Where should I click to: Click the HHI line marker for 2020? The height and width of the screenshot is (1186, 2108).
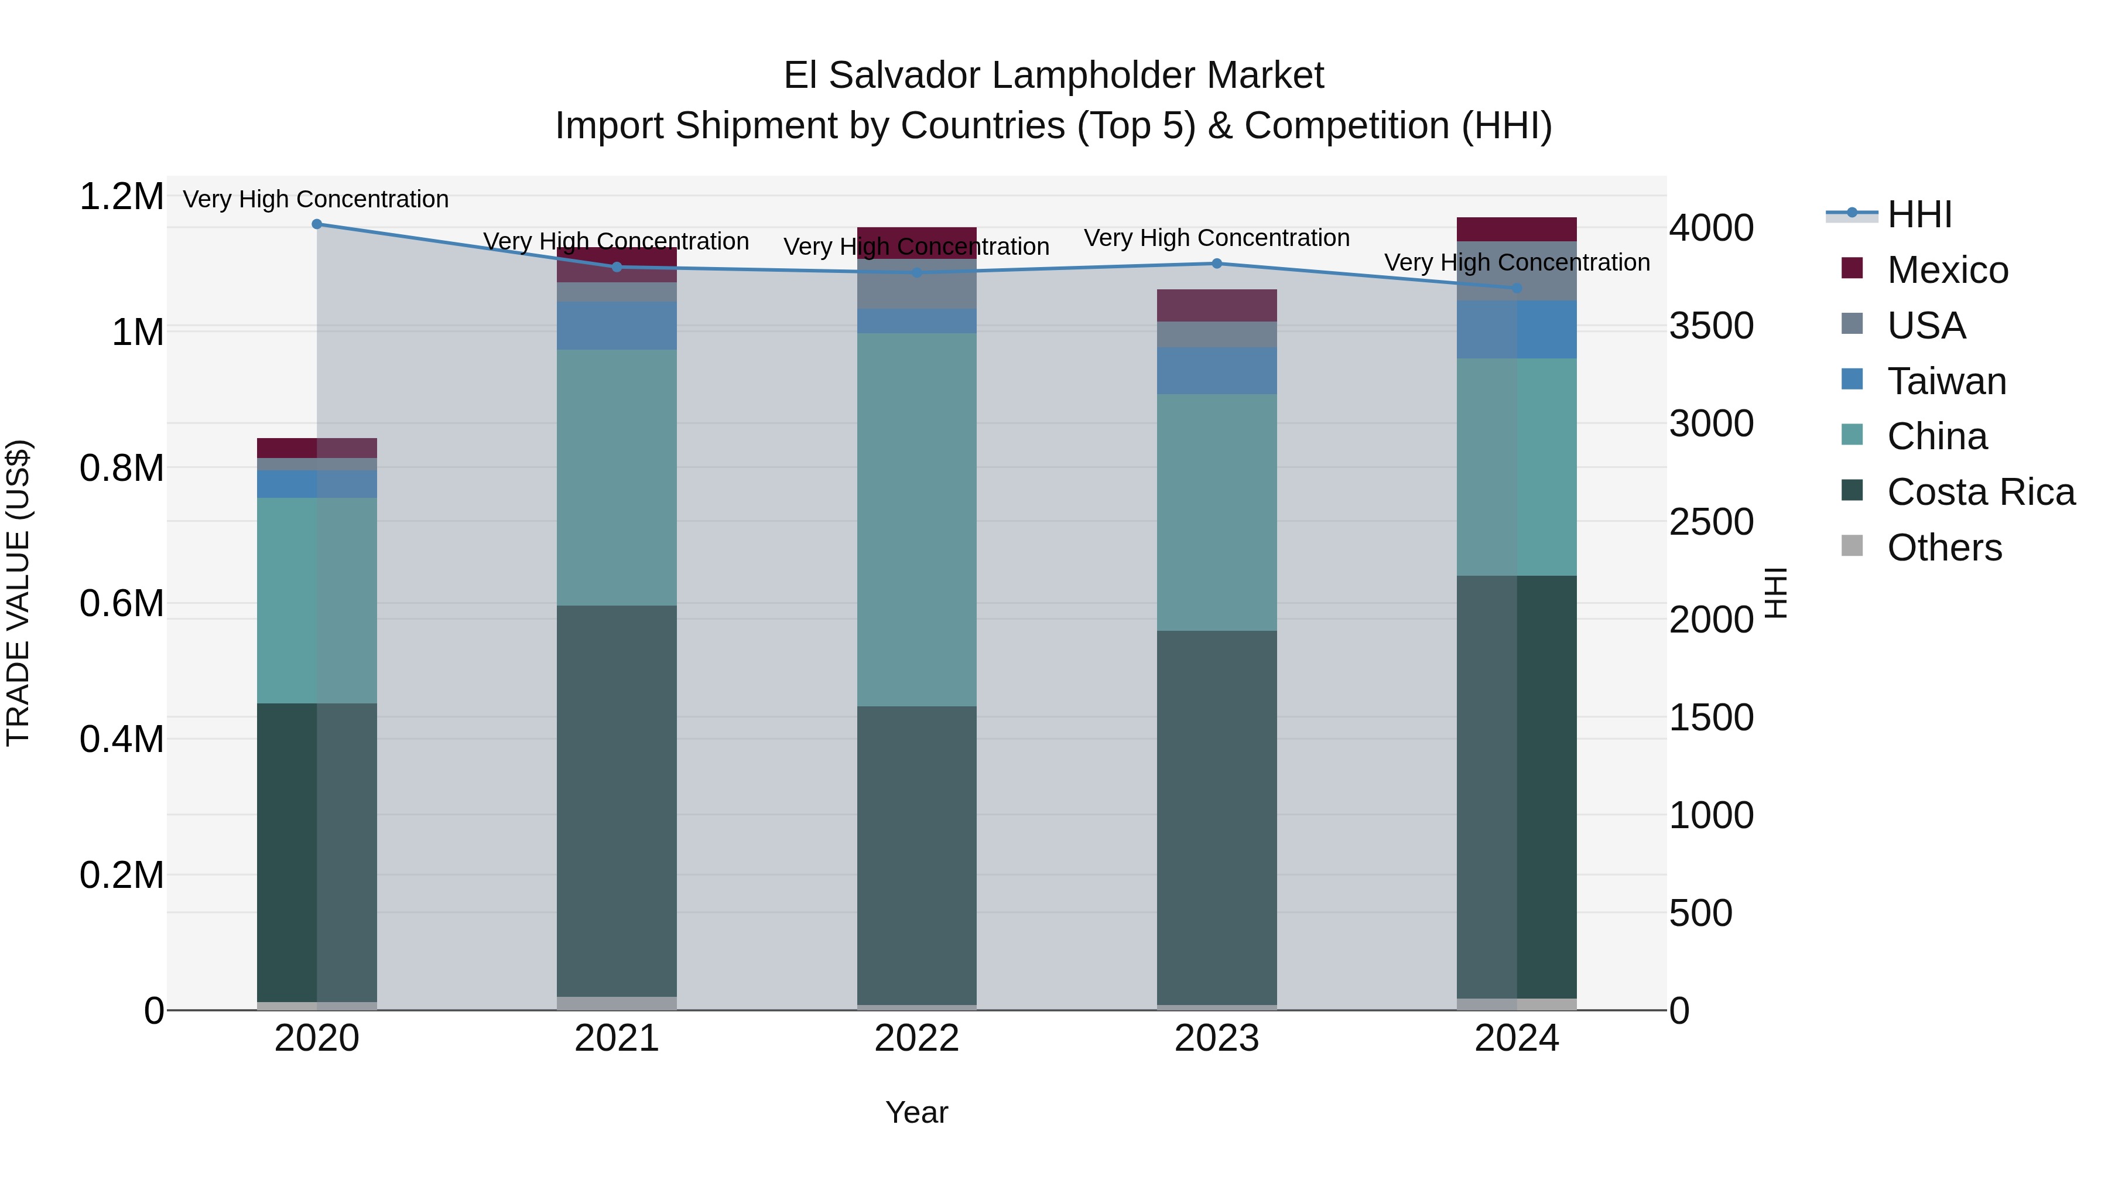click(x=317, y=224)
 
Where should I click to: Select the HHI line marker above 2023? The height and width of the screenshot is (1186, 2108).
click(x=1216, y=264)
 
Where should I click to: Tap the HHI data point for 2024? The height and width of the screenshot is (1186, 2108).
click(x=1517, y=288)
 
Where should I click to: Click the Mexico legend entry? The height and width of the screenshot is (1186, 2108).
click(x=1947, y=270)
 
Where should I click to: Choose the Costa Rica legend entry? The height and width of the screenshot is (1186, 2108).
click(x=1980, y=492)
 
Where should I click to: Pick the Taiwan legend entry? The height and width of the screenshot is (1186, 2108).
click(x=1946, y=381)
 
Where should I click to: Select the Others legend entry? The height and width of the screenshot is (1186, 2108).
click(x=1944, y=548)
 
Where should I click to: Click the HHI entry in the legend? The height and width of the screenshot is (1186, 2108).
click(x=1919, y=214)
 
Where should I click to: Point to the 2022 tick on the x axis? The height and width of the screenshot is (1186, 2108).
click(x=916, y=1038)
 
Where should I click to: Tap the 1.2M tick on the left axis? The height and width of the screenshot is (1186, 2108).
click(x=121, y=197)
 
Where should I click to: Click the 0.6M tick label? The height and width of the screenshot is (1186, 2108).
click(x=121, y=604)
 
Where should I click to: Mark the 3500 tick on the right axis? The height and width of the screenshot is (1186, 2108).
click(x=1711, y=326)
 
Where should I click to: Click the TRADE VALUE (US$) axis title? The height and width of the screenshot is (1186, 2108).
click(x=18, y=593)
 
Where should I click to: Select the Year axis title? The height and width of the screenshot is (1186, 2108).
click(x=916, y=1112)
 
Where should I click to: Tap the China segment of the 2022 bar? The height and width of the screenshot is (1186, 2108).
click(x=916, y=519)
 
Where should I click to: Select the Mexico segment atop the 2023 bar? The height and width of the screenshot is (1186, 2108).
click(x=1216, y=305)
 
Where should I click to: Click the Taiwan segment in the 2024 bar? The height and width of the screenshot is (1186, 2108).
click(x=1517, y=329)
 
